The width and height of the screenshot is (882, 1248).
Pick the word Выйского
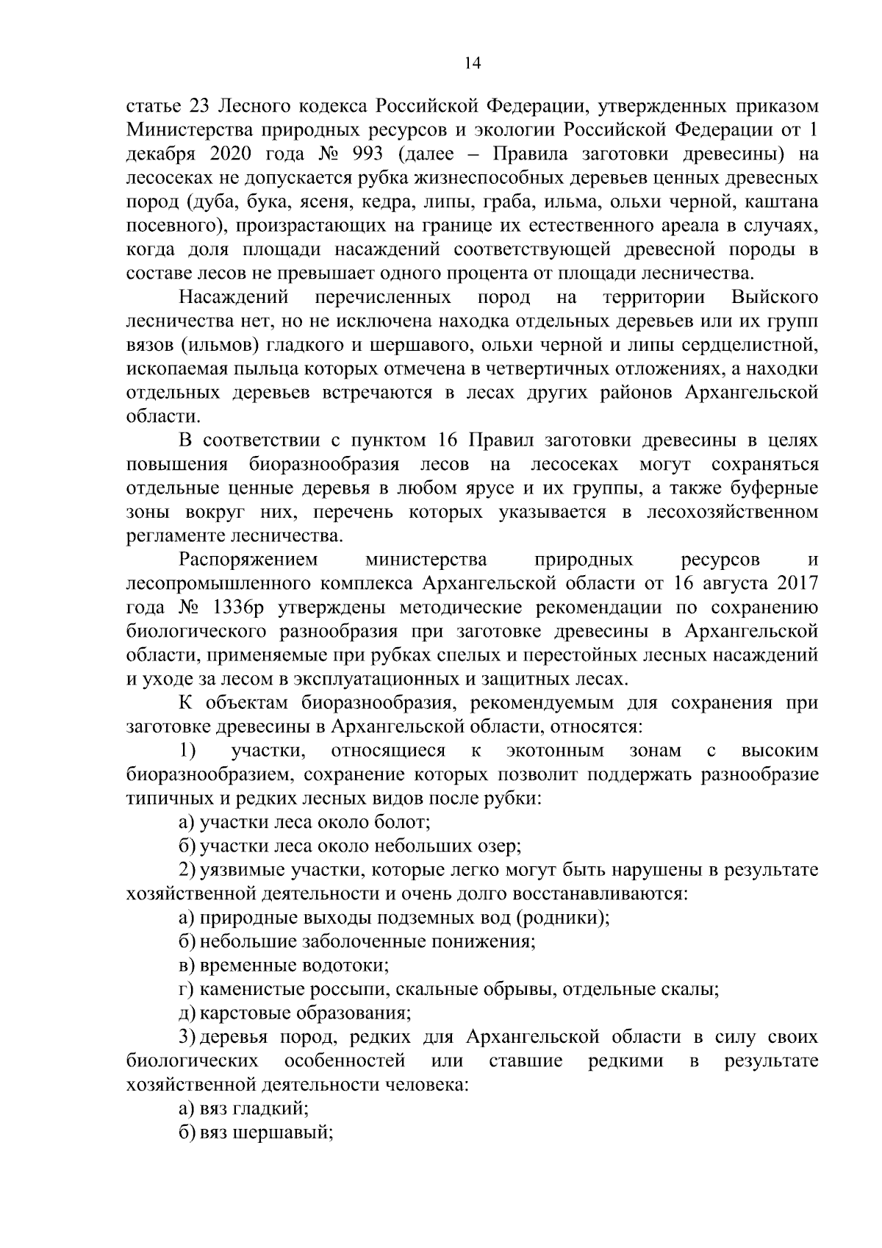(x=775, y=298)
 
